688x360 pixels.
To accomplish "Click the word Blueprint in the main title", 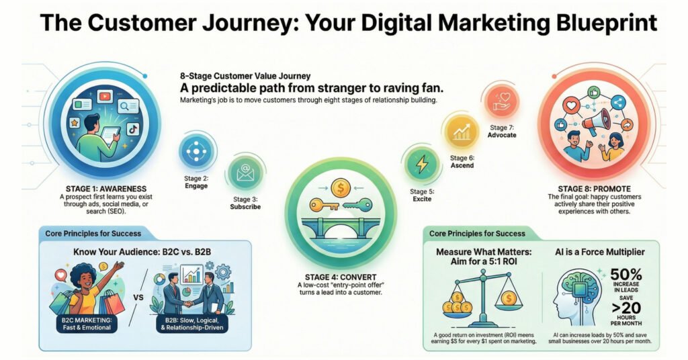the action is (607, 22).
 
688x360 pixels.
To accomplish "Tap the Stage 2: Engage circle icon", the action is (196, 151).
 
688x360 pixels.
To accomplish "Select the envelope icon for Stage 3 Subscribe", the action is (245, 173).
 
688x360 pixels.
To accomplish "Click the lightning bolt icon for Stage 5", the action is (422, 164).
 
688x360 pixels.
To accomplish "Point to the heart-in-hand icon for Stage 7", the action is (502, 101).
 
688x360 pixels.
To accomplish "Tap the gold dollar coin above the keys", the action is (340, 188).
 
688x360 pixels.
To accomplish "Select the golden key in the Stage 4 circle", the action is (325, 205).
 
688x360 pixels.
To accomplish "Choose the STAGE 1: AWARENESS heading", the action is (106, 189).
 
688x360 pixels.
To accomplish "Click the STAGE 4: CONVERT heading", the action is (341, 277).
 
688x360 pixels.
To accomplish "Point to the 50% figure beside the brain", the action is (626, 275).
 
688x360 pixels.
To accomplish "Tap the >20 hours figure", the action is (626, 308).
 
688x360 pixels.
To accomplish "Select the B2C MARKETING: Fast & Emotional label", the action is (87, 324).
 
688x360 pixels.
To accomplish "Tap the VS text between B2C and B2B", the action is (138, 298).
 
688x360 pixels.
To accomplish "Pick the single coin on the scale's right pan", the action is (509, 299).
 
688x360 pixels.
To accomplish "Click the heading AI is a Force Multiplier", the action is (600, 252).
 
